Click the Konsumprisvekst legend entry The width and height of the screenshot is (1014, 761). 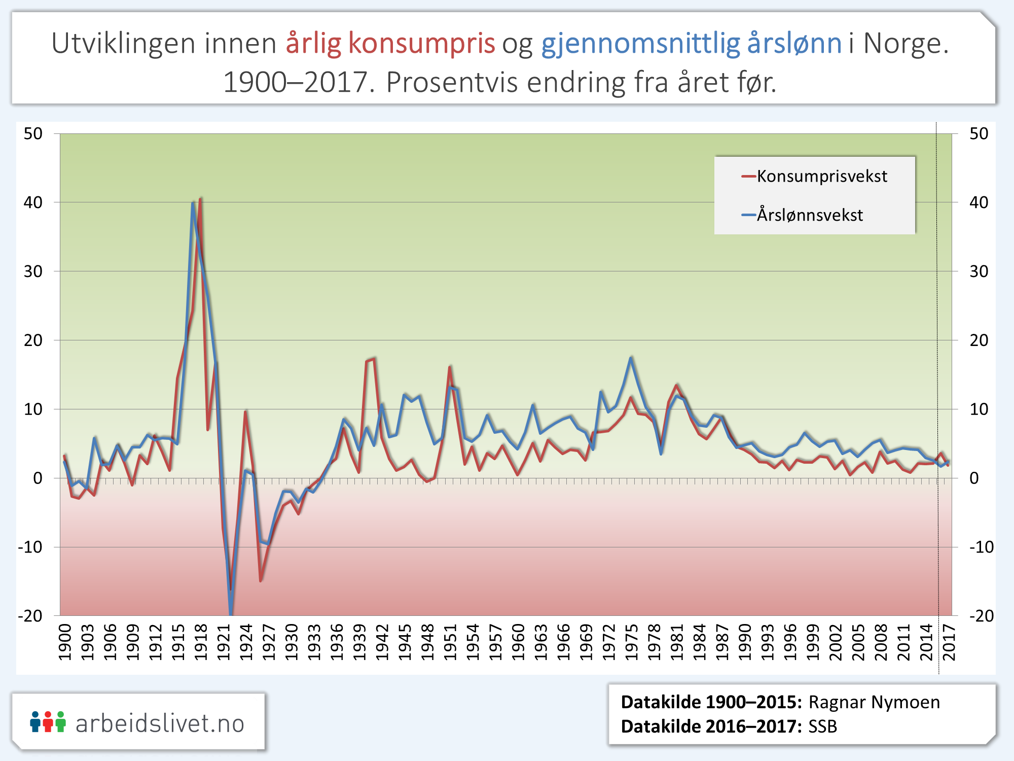tap(821, 177)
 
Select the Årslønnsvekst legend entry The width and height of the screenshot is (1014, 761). tap(810, 215)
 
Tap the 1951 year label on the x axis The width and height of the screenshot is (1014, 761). tap(450, 642)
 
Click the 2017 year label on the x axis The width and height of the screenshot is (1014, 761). tap(949, 642)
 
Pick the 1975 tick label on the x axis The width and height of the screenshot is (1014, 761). tap(632, 642)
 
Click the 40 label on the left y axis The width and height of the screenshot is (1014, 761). tap(33, 202)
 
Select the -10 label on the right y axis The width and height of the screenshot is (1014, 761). tap(982, 547)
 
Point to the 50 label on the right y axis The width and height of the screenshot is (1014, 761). tap(979, 133)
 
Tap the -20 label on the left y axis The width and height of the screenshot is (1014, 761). tap(30, 616)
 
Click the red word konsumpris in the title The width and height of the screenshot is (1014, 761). tap(421, 44)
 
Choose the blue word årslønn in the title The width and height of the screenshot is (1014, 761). tap(794, 44)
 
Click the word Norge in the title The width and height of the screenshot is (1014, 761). tap(906, 44)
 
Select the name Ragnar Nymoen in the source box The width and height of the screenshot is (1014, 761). tap(874, 702)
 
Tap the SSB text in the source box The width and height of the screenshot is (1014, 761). tap(822, 727)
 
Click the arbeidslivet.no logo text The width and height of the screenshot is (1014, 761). tap(160, 723)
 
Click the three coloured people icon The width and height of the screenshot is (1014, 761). tap(48, 722)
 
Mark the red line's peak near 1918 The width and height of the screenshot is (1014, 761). tap(201, 199)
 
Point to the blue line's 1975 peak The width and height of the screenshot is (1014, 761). tap(631, 358)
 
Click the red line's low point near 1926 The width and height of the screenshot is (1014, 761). tap(261, 580)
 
